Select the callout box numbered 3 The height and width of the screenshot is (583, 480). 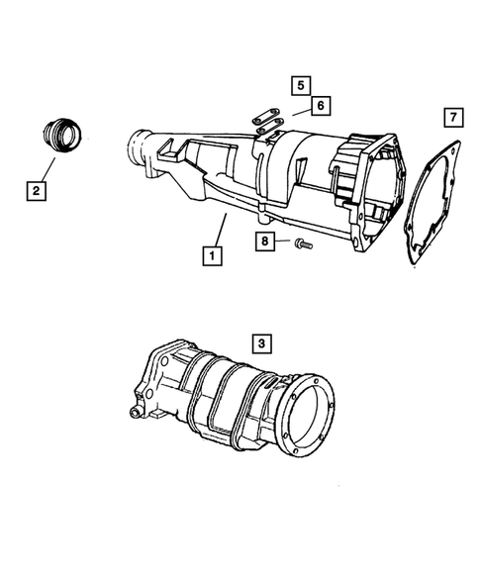[x=259, y=342]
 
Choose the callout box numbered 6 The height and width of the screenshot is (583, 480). [x=319, y=104]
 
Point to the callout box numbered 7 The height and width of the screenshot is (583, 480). [x=450, y=120]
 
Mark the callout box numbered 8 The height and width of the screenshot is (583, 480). [x=266, y=241]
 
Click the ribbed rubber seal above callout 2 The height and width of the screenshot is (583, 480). [x=60, y=134]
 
